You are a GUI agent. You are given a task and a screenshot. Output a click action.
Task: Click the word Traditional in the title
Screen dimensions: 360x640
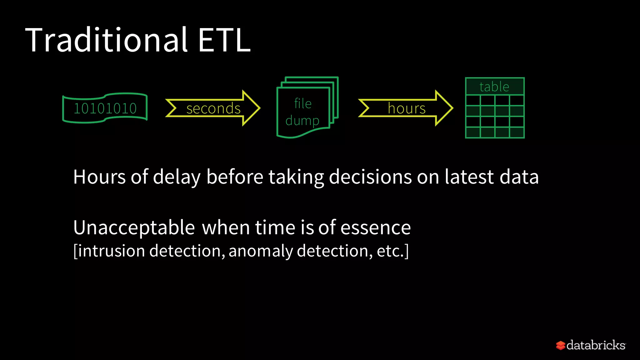(x=106, y=40)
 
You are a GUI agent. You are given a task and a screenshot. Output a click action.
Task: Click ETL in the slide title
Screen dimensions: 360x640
(x=224, y=40)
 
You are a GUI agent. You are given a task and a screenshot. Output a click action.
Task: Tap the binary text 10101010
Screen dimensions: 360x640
(x=105, y=108)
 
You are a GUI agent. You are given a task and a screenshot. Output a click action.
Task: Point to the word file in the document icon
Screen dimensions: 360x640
(x=302, y=103)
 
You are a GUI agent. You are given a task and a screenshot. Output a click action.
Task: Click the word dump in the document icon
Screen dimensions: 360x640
(x=302, y=121)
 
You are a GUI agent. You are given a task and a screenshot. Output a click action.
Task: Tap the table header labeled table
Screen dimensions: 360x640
(x=494, y=87)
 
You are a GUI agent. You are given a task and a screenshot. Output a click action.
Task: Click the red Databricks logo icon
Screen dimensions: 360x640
(x=560, y=345)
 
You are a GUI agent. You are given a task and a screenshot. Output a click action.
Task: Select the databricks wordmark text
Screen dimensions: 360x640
(x=596, y=345)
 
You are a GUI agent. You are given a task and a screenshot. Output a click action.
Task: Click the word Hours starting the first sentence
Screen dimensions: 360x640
(x=99, y=177)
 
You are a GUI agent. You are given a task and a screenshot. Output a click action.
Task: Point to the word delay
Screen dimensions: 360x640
(x=177, y=177)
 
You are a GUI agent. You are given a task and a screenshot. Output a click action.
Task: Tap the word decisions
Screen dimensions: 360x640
(x=370, y=177)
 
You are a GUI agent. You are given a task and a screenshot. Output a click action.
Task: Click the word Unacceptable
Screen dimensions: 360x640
(x=134, y=227)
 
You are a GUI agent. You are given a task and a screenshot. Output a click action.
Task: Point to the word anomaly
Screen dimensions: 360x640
(x=260, y=251)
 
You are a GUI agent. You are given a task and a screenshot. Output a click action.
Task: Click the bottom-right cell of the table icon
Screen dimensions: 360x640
(x=517, y=132)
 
